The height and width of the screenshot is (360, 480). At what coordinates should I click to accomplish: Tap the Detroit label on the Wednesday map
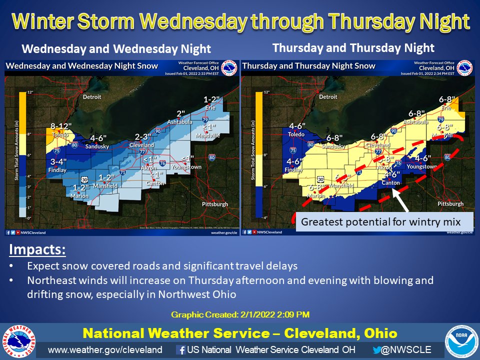[92, 96]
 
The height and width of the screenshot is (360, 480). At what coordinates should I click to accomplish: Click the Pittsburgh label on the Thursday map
[450, 204]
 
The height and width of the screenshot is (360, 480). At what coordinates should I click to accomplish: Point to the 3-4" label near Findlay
[58, 162]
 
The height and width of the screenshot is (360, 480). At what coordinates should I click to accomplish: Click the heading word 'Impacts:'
[37, 249]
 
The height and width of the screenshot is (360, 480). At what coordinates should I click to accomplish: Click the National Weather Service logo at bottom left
[18, 342]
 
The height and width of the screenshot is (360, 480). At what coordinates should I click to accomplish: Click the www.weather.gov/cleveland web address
[105, 349]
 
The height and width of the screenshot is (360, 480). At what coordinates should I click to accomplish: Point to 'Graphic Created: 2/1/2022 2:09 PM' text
[240, 314]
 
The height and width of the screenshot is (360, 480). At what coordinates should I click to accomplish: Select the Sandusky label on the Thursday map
[334, 146]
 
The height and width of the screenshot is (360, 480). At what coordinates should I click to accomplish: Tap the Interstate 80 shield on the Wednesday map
[212, 157]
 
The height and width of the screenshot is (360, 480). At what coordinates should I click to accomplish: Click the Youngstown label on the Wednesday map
[186, 166]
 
